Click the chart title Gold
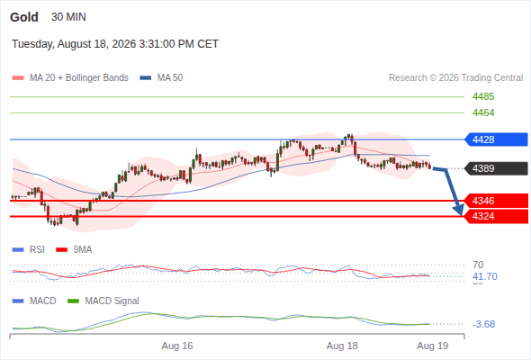(24, 17)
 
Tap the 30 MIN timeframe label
(68, 17)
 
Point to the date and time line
(115, 44)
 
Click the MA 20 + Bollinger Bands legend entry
(70, 78)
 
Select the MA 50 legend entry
(161, 78)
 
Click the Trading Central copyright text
(455, 78)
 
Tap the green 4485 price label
(483, 96)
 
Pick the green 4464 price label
(483, 112)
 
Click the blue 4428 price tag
(496, 139)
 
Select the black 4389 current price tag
(496, 168)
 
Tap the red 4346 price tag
(496, 201)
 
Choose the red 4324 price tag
(496, 216)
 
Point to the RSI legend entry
(29, 249)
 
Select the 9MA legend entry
(74, 249)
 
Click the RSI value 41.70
(485, 276)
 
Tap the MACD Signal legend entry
(103, 301)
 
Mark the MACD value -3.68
(484, 324)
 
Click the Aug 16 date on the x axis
(177, 346)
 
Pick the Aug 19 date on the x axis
(433, 346)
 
